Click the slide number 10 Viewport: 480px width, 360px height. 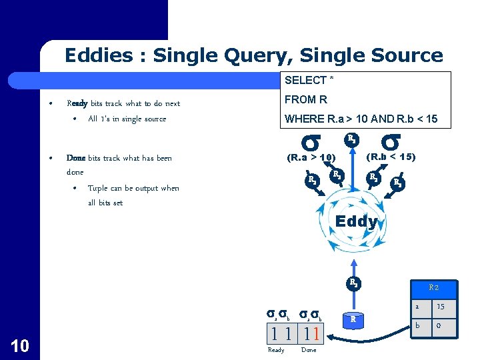(19, 344)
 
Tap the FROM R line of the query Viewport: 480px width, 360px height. (306, 100)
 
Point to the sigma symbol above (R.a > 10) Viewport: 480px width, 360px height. (311, 142)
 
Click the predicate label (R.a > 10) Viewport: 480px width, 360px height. (310, 158)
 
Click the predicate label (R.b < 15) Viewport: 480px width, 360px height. (391, 157)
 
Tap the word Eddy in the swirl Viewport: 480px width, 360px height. (356, 221)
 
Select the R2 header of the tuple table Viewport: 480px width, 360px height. (433, 287)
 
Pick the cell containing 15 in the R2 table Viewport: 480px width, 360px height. (441, 307)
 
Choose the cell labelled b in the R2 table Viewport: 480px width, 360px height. (417, 326)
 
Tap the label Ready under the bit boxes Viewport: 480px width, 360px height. (275, 350)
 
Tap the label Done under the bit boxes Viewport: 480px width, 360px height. (309, 350)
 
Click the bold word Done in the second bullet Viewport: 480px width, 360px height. (76, 158)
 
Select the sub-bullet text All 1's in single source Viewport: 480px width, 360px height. (127, 119)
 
